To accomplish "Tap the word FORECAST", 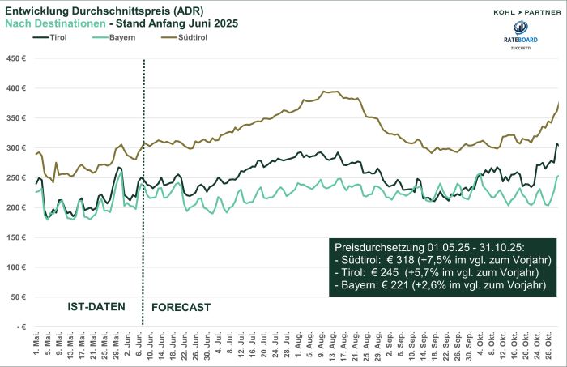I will click(181, 308).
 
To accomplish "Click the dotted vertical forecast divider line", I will click(143, 194).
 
